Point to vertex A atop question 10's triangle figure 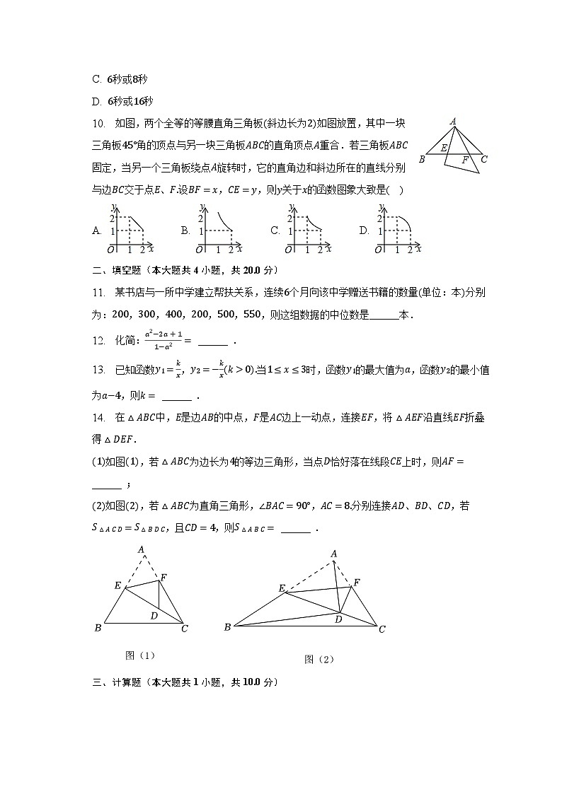point(452,121)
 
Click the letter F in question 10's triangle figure point(465,160)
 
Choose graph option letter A point(96,230)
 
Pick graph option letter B point(185,230)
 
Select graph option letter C point(275,230)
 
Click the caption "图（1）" point(139,655)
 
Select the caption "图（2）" point(319,659)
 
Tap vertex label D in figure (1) point(154,616)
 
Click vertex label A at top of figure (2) point(334,553)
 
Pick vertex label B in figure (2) point(227,626)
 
